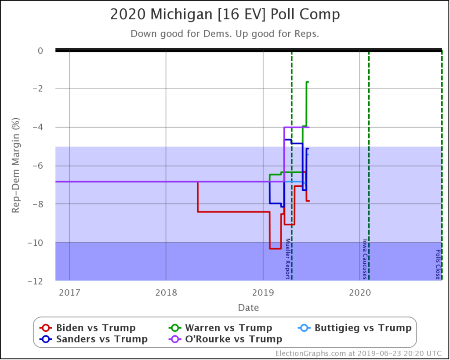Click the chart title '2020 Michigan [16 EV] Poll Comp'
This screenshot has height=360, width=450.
(225, 15)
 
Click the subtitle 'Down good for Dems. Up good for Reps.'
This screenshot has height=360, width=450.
(225, 33)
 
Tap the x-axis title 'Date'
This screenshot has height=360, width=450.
(248, 307)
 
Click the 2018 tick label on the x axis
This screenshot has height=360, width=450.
(166, 292)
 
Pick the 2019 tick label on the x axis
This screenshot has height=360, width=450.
(262, 292)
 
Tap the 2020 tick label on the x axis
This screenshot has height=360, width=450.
(359, 292)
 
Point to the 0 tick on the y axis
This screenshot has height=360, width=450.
(40, 51)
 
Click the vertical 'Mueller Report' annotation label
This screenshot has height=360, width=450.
(288, 258)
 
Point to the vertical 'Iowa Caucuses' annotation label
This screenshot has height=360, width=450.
(364, 259)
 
